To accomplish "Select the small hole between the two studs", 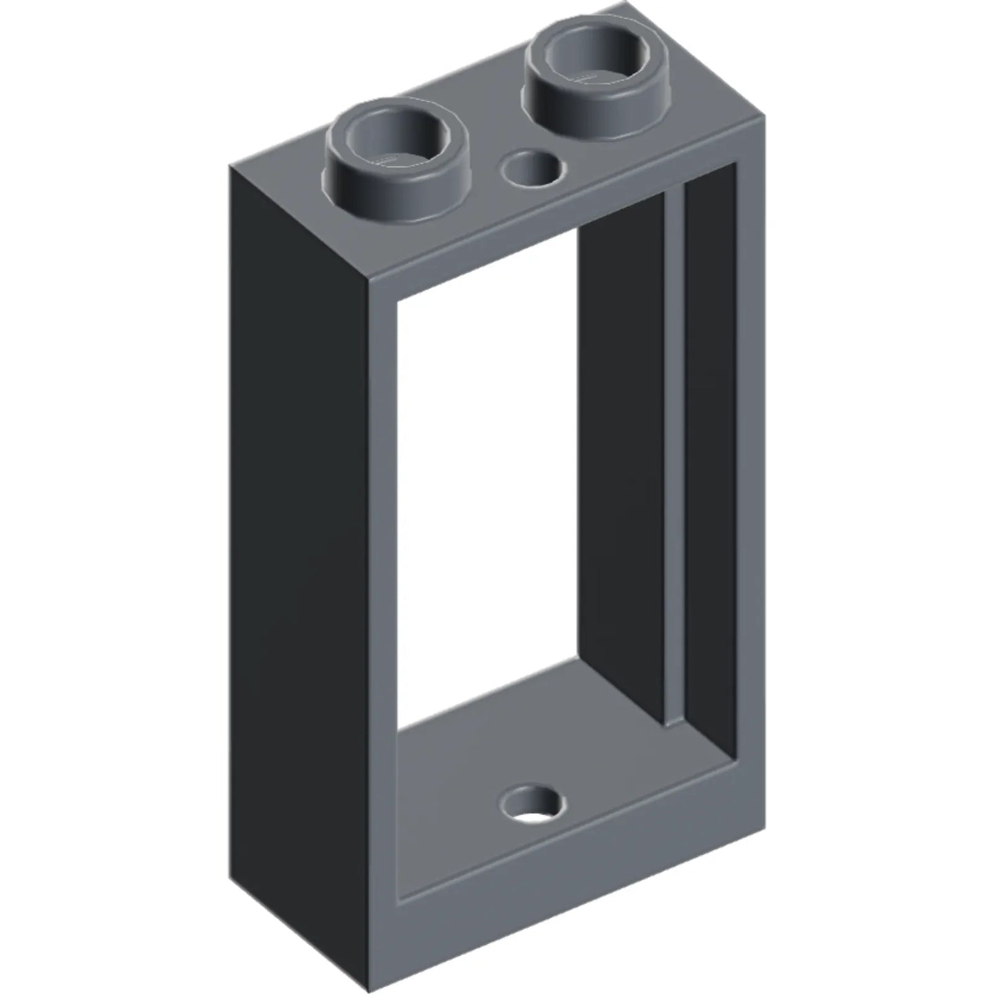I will tap(532, 169).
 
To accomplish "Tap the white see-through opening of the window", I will tap(485, 482).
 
